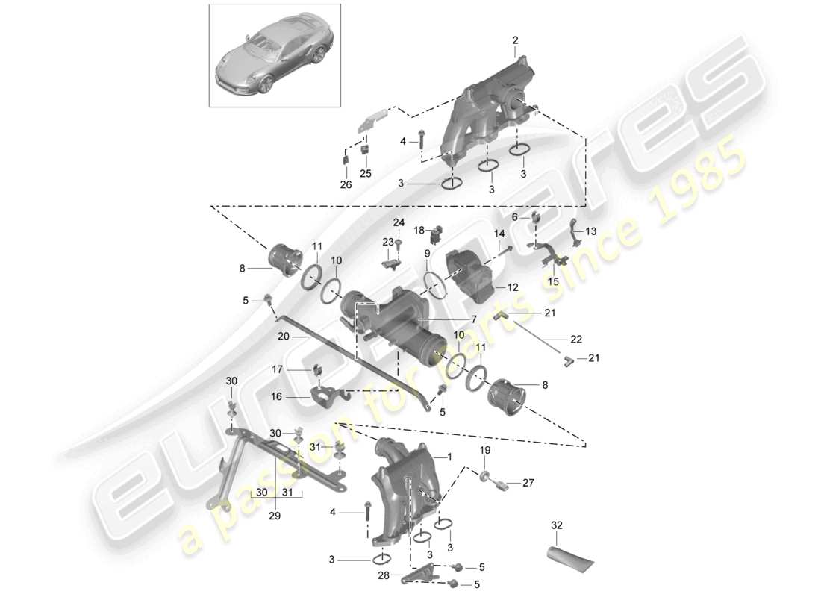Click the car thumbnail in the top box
[274, 55]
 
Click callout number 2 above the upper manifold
[515, 40]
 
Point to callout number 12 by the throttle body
[512, 286]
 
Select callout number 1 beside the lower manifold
[449, 456]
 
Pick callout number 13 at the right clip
[591, 231]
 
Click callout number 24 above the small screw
[398, 222]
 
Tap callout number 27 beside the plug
[528, 482]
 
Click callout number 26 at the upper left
[344, 186]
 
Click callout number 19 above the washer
[484, 451]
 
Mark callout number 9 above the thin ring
[428, 253]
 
